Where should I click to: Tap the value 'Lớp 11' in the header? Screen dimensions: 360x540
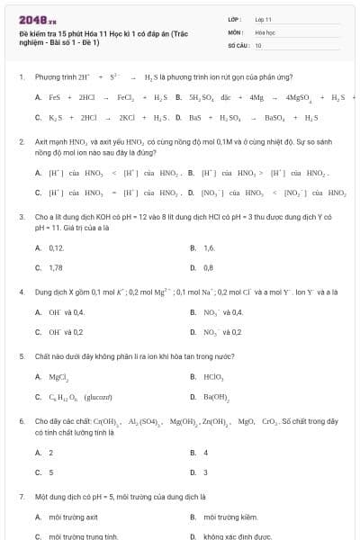265,18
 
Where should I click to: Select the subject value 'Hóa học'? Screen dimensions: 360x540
266,31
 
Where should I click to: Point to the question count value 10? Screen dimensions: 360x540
258,45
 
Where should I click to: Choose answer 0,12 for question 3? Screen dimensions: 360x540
57,247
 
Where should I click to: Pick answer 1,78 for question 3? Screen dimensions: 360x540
56,267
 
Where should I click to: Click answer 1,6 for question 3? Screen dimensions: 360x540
209,247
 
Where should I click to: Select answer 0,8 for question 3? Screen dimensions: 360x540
209,267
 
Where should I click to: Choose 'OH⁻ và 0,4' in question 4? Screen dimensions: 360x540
66,311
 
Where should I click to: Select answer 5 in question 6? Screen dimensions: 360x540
51,472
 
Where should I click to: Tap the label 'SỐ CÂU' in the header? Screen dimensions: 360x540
238,45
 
